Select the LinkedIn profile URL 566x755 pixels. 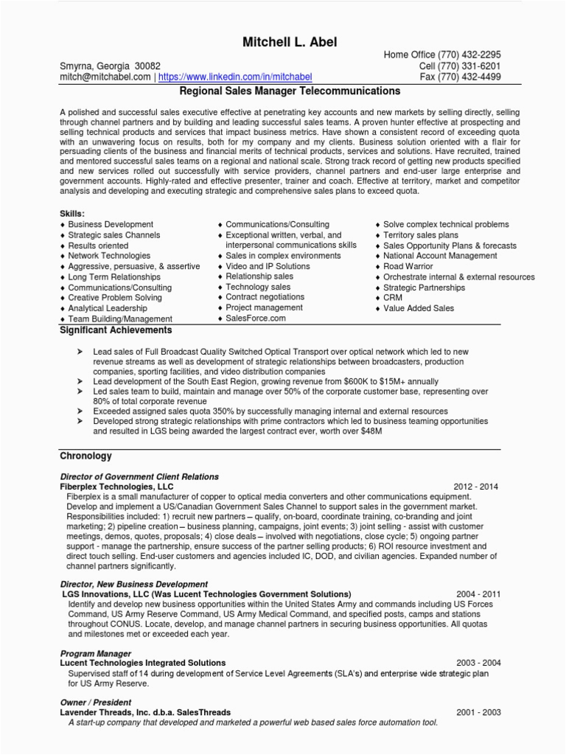(x=235, y=77)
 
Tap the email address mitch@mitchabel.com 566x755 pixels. (x=105, y=77)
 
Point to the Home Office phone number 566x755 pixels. (x=469, y=55)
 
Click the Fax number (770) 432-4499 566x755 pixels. (x=469, y=77)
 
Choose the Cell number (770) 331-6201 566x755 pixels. (x=469, y=66)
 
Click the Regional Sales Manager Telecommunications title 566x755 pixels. (x=290, y=91)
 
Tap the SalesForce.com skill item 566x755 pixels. (x=255, y=319)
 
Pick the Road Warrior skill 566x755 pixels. (x=408, y=266)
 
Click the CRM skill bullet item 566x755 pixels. (x=393, y=298)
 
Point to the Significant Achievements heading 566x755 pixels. (x=116, y=330)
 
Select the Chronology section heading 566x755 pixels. (x=85, y=456)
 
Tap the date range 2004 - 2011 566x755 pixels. (x=478, y=594)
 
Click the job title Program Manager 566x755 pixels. (x=96, y=653)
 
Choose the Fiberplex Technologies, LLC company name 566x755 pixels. (x=116, y=487)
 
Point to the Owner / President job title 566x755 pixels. (x=96, y=703)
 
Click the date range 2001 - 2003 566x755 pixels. (x=478, y=713)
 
